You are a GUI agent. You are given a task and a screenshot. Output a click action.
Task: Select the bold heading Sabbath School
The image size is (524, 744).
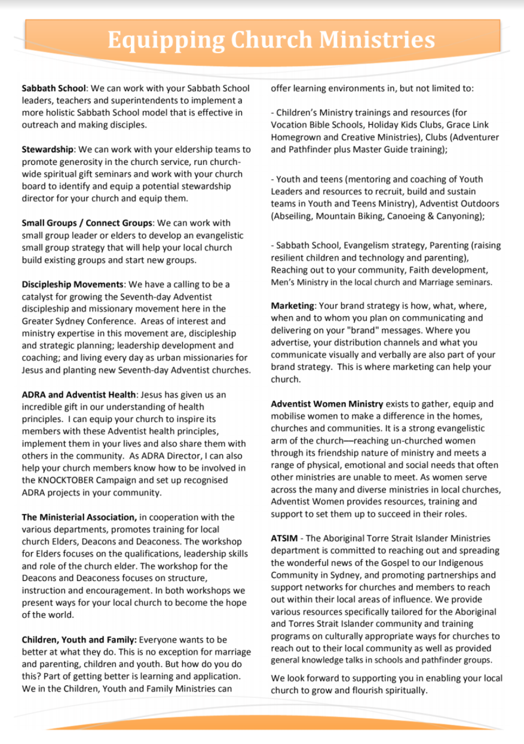click(54, 88)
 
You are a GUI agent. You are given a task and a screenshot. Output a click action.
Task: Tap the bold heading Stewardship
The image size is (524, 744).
click(48, 149)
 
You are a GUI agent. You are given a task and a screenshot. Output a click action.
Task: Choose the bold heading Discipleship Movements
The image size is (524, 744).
click(72, 284)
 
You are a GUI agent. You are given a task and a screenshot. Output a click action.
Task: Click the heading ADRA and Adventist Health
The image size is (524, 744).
click(79, 394)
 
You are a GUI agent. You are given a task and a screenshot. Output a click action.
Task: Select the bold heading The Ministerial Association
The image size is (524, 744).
click(79, 517)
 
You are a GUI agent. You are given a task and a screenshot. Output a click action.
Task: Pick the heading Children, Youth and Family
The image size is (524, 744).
click(79, 639)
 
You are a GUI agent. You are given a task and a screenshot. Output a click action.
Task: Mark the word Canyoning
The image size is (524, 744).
click(458, 216)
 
